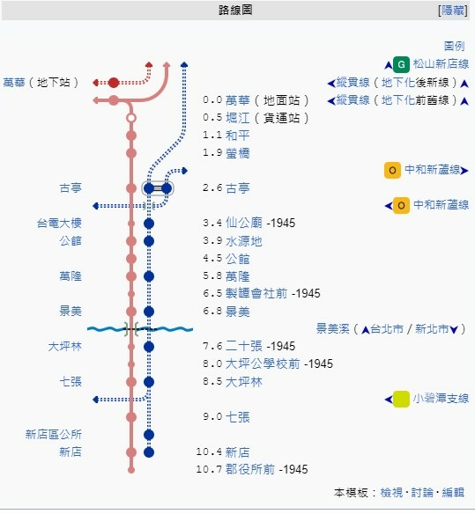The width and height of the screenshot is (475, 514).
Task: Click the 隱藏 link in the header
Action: point(453,11)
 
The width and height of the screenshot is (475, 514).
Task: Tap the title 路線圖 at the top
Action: point(235,11)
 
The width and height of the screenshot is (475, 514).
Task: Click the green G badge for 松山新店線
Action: point(401,64)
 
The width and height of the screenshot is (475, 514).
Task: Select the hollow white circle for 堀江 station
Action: point(131,118)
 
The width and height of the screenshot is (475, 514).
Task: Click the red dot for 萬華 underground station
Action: point(114,83)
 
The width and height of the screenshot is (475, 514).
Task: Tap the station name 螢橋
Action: point(238,153)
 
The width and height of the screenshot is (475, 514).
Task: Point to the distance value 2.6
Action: point(212,188)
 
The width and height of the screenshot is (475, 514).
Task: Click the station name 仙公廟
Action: point(244,223)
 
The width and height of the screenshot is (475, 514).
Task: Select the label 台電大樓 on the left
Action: point(59,224)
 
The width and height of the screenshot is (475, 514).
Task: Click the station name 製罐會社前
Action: point(256,293)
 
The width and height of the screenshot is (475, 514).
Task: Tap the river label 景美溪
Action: point(332,328)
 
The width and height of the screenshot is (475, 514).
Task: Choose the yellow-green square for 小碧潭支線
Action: point(401,399)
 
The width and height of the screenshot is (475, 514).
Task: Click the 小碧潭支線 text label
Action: point(441,399)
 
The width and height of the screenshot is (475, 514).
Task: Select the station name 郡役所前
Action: point(250,469)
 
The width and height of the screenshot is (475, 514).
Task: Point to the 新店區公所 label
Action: point(54,435)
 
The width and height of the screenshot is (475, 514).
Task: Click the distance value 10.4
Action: point(209,452)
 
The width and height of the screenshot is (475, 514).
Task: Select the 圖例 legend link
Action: point(455,47)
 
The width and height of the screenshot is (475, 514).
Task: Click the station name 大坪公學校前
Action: point(263,363)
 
